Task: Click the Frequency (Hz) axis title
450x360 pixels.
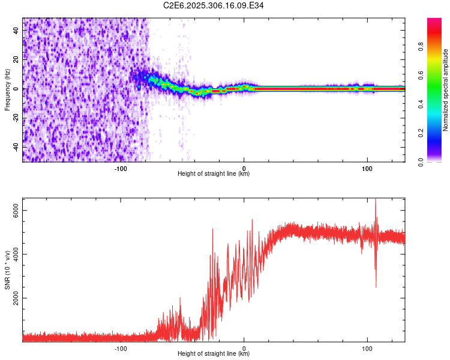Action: click(7, 90)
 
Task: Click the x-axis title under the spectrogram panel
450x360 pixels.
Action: click(214, 174)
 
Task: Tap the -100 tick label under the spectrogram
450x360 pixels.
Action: click(120, 168)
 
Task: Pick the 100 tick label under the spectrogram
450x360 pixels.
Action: click(367, 168)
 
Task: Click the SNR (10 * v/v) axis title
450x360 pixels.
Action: click(7, 270)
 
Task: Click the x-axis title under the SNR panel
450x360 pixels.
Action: click(214, 354)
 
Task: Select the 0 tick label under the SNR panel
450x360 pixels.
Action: click(244, 348)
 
